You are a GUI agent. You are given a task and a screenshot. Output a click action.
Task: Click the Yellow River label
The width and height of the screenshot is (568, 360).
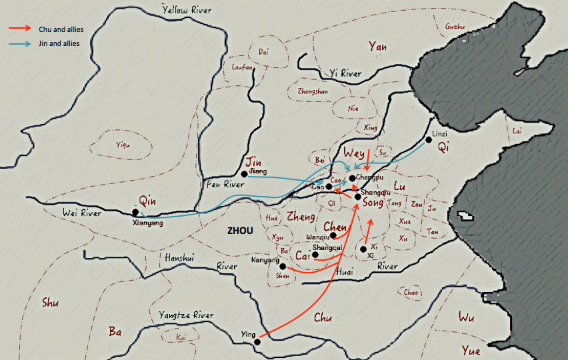pyautogui.click(x=187, y=9)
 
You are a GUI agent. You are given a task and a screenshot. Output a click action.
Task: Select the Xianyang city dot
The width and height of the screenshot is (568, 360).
pyautogui.click(x=136, y=212)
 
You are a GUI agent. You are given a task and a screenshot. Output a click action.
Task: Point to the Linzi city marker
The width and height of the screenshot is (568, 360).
pyautogui.click(x=429, y=140)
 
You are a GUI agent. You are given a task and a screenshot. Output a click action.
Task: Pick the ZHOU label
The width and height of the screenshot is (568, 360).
pyautogui.click(x=240, y=231)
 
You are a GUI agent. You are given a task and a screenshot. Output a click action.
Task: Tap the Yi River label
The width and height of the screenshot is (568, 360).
pyautogui.click(x=345, y=73)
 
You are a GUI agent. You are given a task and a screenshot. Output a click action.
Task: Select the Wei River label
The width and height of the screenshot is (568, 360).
pyautogui.click(x=83, y=213)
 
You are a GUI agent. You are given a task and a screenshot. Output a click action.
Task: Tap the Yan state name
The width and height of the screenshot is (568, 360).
pyautogui.click(x=377, y=47)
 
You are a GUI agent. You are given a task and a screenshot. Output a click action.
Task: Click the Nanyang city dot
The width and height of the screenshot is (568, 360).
pyautogui.click(x=283, y=266)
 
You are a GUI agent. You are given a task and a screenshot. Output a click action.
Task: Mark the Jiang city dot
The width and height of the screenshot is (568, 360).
pyautogui.click(x=245, y=174)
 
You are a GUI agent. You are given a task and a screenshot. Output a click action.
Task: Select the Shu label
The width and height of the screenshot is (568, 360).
pyautogui.click(x=49, y=302)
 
